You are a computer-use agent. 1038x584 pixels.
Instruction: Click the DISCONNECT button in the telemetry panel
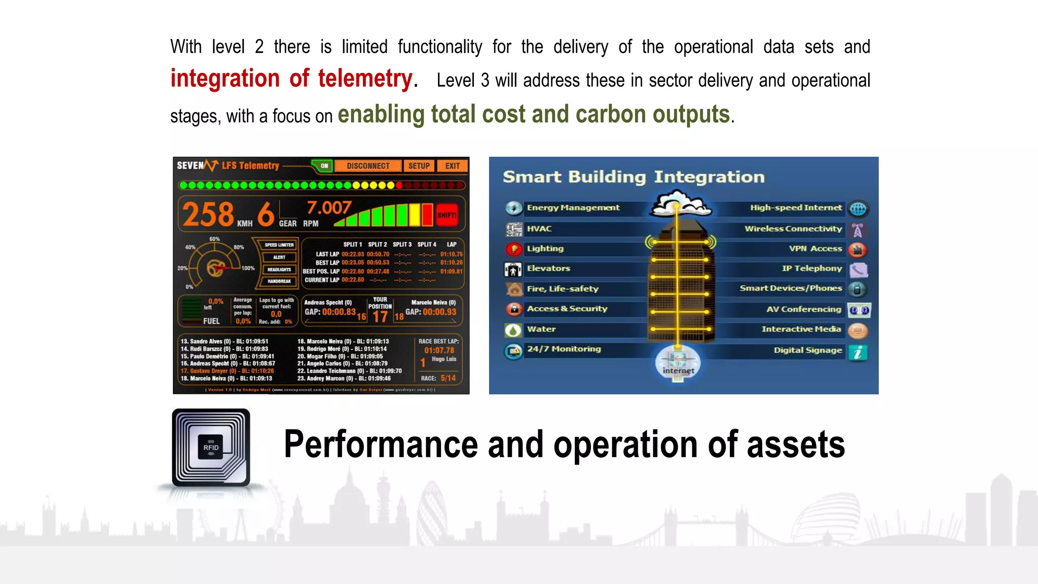[368, 166]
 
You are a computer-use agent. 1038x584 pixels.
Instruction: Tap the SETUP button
[419, 166]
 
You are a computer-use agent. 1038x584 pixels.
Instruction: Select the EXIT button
[453, 166]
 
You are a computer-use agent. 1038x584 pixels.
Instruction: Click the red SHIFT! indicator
[447, 215]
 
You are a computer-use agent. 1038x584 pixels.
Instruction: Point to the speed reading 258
[208, 214]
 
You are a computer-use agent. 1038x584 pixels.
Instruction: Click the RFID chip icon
[211, 447]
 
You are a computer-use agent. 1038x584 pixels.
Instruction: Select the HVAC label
[539, 229]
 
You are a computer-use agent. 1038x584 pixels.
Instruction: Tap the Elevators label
[548, 268]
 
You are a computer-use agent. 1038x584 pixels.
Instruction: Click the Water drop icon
[513, 330]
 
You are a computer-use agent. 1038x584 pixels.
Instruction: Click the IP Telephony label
[811, 268]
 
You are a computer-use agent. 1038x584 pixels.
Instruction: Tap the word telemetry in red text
[365, 79]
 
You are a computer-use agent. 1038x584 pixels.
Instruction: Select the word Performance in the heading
[381, 444]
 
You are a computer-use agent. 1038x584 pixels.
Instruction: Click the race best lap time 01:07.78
[439, 350]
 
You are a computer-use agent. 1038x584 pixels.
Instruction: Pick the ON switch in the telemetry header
[324, 166]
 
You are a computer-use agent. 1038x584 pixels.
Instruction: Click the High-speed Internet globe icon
[858, 208]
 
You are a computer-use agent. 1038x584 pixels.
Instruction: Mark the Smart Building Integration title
[634, 177]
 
